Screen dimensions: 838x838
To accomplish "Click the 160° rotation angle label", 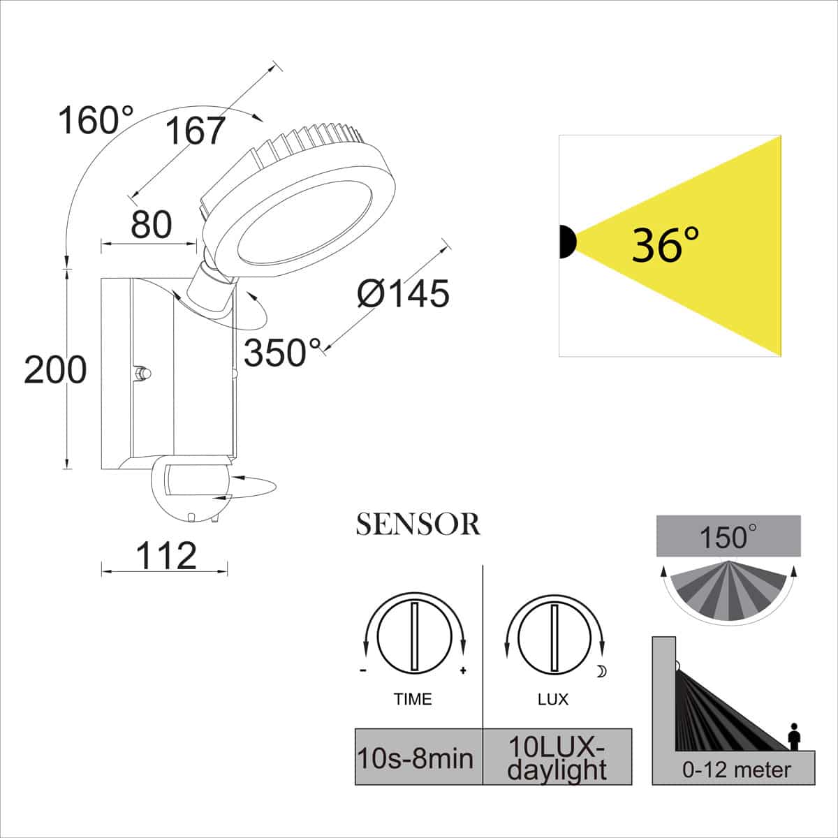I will click(96, 121).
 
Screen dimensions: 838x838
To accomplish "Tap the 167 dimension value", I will click(196, 131).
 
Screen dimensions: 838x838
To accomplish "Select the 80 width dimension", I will click(151, 225).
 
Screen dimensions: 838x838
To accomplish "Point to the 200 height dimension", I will click(55, 369).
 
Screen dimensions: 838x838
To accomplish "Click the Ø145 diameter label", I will click(403, 293).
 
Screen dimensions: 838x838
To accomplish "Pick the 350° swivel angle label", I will click(282, 353).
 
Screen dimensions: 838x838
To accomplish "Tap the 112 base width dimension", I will click(166, 557).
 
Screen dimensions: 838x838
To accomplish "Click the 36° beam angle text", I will click(664, 245).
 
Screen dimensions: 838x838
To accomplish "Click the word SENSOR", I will click(418, 525).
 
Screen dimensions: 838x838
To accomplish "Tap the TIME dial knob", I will click(413, 634).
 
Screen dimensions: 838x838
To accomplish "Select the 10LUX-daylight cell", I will click(557, 758).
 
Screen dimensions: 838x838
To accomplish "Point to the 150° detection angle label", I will click(726, 538).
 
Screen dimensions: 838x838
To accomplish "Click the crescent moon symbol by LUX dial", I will click(602, 672).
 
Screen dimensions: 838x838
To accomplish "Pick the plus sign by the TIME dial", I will click(462, 672).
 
